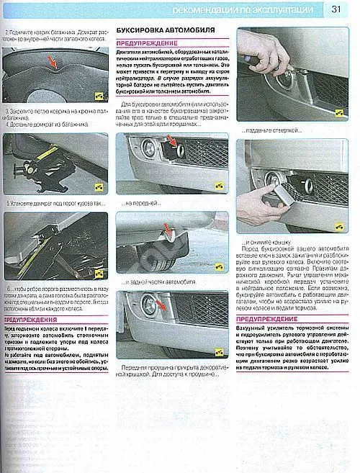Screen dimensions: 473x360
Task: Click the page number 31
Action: tap(337, 9)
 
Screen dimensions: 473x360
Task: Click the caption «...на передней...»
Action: tap(143, 203)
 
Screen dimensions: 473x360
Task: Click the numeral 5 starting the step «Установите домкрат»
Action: tap(6, 204)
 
